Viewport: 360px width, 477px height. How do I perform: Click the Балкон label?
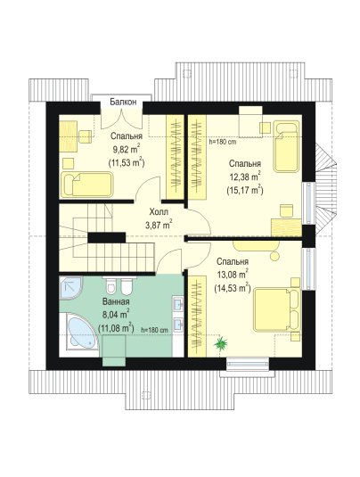coord(123,102)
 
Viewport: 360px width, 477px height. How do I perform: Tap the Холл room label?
coord(159,211)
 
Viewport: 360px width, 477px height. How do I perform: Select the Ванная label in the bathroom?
coord(116,301)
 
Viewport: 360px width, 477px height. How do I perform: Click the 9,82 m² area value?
coord(127,149)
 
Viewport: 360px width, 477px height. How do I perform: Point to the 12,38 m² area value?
coord(245,177)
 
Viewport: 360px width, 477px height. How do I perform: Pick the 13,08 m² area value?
coord(233,275)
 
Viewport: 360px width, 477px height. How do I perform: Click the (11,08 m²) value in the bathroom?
coord(116,328)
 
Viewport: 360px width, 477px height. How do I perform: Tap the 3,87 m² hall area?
coord(159,225)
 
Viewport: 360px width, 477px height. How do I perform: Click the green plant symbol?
coord(220,344)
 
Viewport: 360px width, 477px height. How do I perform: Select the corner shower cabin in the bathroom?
coord(70,287)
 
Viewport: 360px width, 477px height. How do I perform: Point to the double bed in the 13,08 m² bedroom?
coord(277,309)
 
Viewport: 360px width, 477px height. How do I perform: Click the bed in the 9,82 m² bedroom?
coord(87,185)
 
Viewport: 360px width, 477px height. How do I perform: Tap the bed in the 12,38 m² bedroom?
coord(286,146)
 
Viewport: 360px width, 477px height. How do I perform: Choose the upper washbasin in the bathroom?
coord(178,303)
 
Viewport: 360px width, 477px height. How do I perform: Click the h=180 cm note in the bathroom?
coord(155,330)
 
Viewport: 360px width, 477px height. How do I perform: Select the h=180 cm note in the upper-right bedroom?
coord(223,142)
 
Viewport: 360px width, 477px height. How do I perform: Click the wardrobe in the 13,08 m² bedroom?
coord(197,317)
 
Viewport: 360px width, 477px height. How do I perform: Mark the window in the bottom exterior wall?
coord(248,363)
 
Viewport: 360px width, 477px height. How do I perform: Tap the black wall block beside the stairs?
coord(107,237)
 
